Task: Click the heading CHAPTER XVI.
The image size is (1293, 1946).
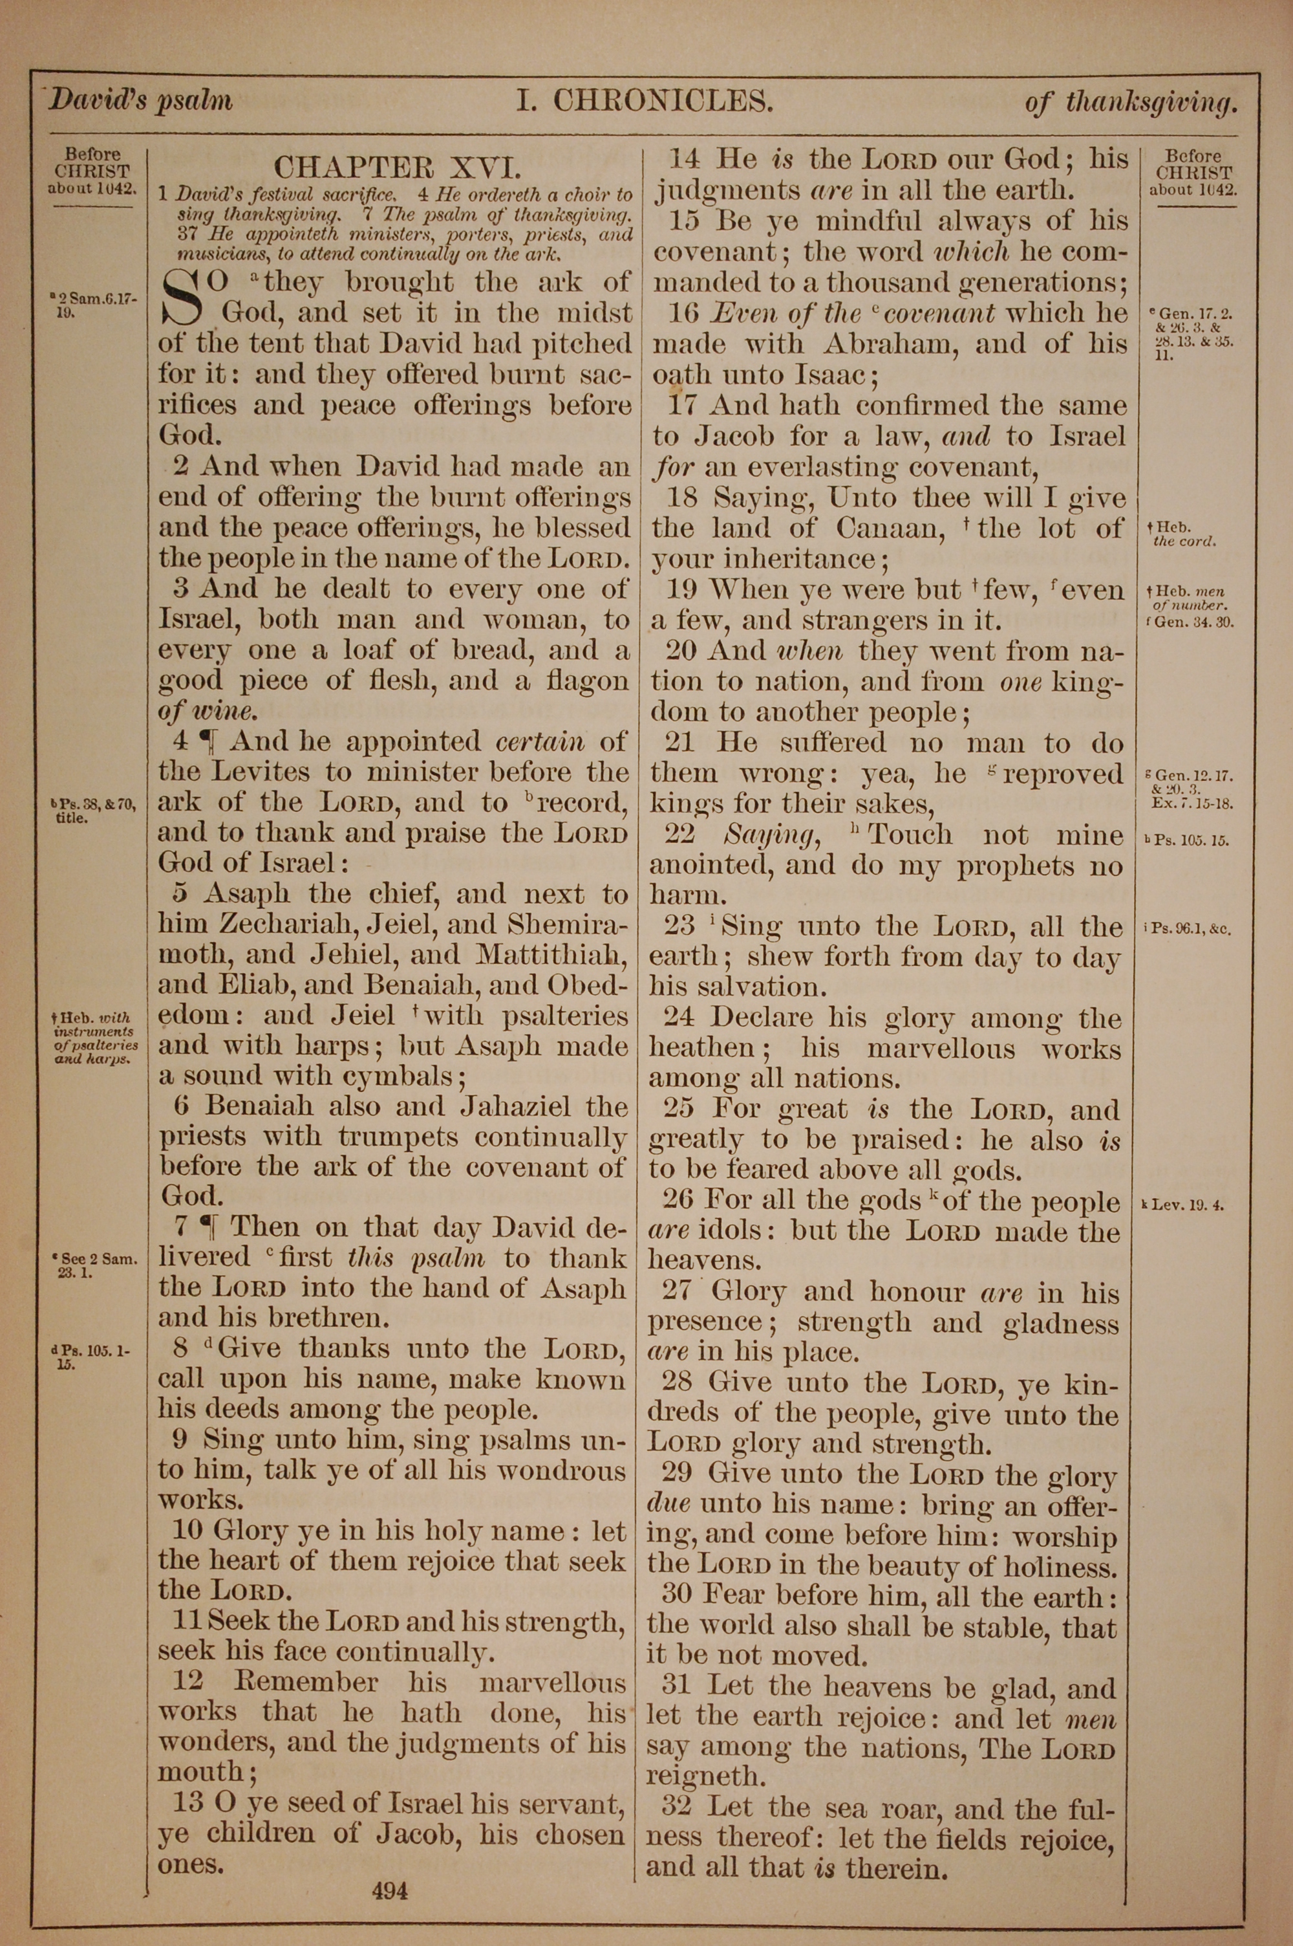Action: [x=398, y=168]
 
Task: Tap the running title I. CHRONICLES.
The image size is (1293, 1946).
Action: [x=645, y=101]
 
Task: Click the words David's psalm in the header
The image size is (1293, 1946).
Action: [x=140, y=101]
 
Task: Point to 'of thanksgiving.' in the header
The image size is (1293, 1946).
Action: [x=1131, y=102]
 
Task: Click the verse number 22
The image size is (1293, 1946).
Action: [x=680, y=835]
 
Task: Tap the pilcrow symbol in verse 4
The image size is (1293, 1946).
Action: [x=213, y=741]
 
